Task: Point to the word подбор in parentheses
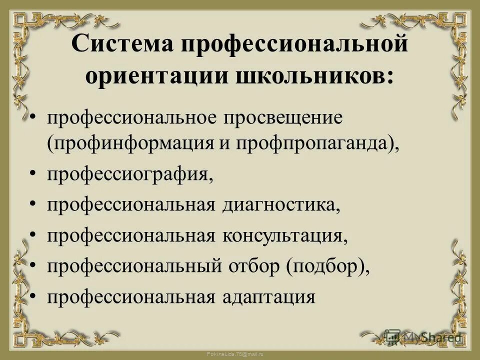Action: (x=325, y=266)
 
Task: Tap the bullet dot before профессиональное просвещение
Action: (x=32, y=118)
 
